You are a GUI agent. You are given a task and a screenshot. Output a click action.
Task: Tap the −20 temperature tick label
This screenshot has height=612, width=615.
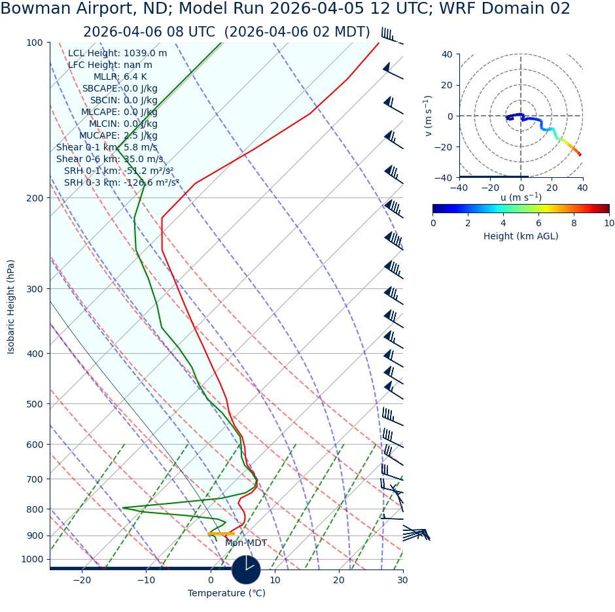tap(82, 580)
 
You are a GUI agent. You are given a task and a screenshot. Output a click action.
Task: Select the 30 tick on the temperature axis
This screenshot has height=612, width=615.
tap(402, 580)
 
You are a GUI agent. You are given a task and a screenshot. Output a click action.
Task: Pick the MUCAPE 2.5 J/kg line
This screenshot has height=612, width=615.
tap(118, 136)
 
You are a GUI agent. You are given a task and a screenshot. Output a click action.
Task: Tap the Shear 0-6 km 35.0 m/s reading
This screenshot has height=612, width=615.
tap(109, 160)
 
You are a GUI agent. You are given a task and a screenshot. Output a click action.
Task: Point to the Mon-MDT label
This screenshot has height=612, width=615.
tap(246, 543)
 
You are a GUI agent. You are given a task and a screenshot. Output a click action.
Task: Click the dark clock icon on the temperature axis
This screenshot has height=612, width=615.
tap(246, 569)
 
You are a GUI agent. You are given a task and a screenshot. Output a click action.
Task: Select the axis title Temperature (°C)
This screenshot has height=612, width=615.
tap(226, 594)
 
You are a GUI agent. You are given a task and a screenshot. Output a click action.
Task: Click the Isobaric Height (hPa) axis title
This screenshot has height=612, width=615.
tap(11, 307)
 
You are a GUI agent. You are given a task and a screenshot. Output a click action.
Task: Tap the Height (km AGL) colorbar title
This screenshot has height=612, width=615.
tap(521, 237)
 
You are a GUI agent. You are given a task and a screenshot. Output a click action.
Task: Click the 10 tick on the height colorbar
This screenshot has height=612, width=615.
tap(608, 224)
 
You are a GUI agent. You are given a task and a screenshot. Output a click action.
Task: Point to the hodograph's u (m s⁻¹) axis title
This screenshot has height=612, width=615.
tap(521, 197)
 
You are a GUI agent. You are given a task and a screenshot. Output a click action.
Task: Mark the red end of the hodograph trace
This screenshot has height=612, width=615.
tap(580, 155)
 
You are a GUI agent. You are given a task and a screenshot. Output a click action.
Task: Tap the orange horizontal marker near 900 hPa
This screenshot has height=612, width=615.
tap(221, 534)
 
